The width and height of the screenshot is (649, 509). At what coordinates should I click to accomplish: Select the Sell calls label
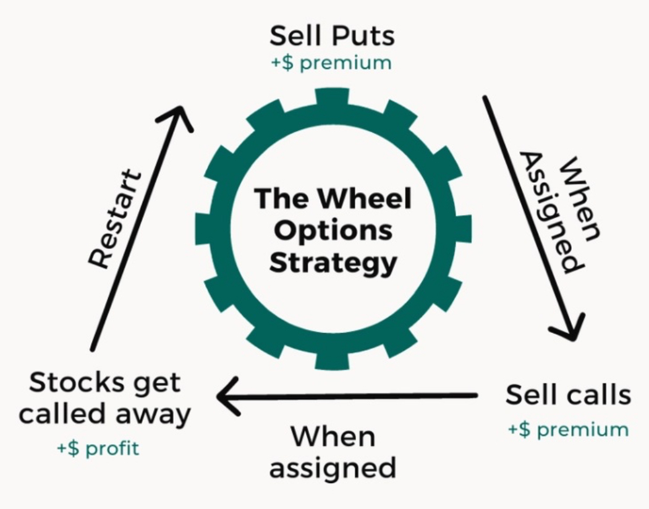(x=568, y=395)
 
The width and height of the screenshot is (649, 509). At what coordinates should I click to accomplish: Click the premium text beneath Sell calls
(x=568, y=429)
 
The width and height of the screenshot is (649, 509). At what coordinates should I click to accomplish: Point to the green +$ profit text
(x=98, y=448)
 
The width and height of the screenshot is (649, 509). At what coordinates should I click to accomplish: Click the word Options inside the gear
(x=333, y=231)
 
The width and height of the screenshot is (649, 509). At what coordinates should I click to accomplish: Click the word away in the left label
(x=153, y=414)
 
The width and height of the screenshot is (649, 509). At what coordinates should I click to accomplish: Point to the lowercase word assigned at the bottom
(x=333, y=468)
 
